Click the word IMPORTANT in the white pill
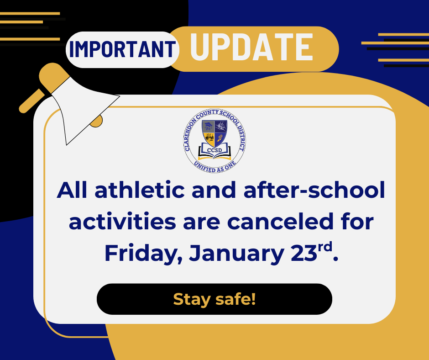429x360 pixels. pos(122,49)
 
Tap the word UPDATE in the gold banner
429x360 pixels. pos(251,48)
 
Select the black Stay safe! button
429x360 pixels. pos(214,299)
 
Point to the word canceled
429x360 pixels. pos(280,222)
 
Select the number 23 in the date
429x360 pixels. pos(303,253)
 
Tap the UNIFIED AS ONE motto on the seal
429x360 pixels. pos(214,165)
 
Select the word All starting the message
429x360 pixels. pos(73,191)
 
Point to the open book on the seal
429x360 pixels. pos(214,152)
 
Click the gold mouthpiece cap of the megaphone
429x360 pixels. pos(54,73)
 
